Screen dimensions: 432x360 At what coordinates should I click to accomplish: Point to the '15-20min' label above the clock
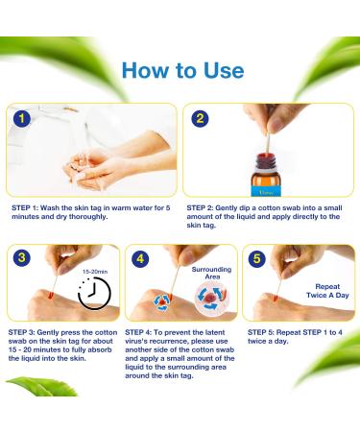(x=95, y=270)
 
